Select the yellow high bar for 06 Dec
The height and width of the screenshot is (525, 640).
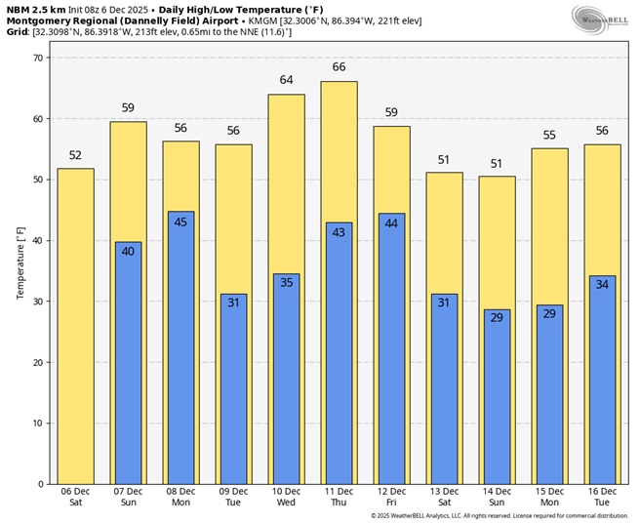pyautogui.click(x=75, y=326)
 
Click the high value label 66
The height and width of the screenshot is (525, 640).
pyautogui.click(x=339, y=67)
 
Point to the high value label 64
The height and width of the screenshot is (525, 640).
pyautogui.click(x=286, y=80)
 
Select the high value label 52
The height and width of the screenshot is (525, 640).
pyautogui.click(x=75, y=154)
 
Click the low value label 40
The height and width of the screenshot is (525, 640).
pyautogui.click(x=128, y=252)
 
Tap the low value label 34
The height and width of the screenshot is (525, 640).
pyautogui.click(x=602, y=285)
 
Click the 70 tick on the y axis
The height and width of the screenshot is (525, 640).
pyautogui.click(x=38, y=59)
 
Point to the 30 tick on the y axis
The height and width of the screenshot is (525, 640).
pyautogui.click(x=38, y=302)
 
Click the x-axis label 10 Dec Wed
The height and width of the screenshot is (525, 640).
pyautogui.click(x=286, y=497)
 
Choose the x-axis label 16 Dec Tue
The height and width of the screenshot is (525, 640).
pyautogui.click(x=602, y=497)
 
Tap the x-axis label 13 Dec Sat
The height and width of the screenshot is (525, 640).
pyautogui.click(x=444, y=497)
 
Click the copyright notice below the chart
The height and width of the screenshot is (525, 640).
pyautogui.click(x=499, y=516)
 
